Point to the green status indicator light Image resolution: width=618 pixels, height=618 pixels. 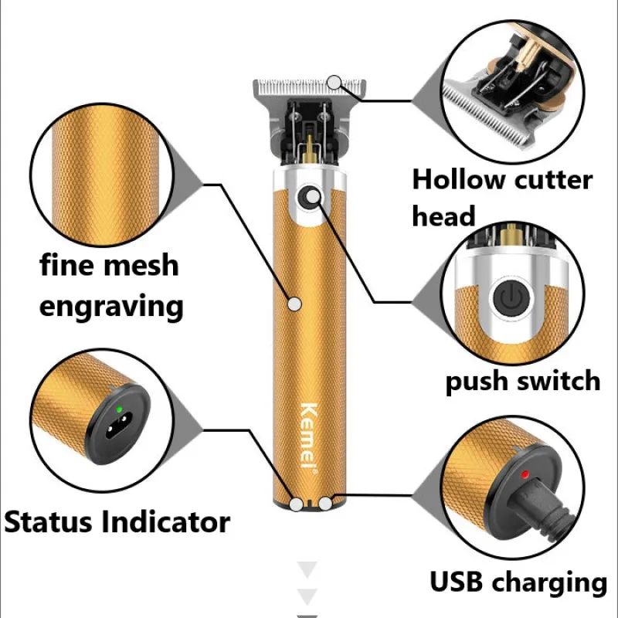[120, 410]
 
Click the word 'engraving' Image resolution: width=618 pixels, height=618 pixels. [111, 306]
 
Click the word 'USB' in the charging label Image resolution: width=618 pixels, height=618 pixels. [460, 582]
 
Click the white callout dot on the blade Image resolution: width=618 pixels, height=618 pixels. [334, 81]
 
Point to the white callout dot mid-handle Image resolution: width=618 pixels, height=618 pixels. [294, 304]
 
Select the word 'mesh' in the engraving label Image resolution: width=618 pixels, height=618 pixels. [138, 265]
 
